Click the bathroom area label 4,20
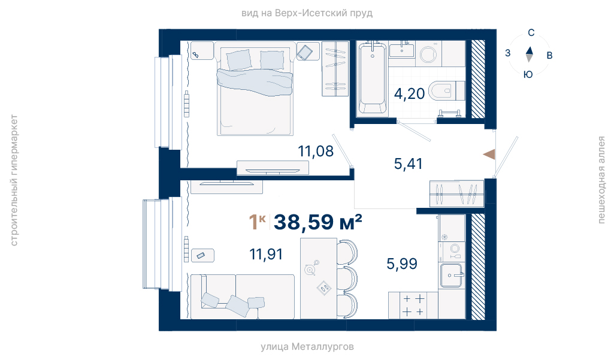coord(409,94)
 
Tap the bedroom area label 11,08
coord(316,151)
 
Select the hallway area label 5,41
coord(409,164)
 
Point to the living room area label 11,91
coord(267,254)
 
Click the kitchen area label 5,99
coord(402,264)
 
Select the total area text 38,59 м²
coord(317,222)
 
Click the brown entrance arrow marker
coord(489,155)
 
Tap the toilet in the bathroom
coord(446,91)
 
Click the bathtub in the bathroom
coord(373,78)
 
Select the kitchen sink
coord(452,276)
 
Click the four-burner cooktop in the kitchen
coord(413,305)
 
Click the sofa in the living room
coord(242,297)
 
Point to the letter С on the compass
coord(531,33)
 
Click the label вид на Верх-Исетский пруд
coord(307,13)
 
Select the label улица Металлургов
coord(307,347)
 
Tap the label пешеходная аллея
coord(601,180)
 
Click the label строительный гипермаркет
coord(14,180)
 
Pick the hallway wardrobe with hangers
coord(456,193)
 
